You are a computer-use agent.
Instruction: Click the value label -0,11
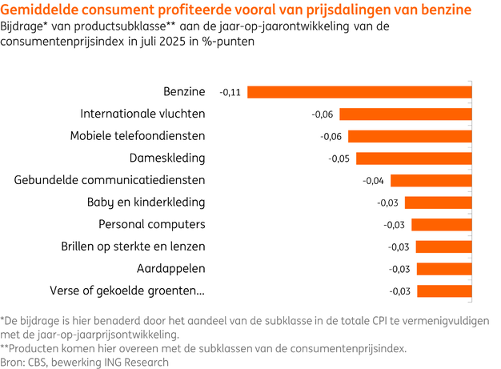pos(230,93)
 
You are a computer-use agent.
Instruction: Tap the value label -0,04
pos(373,181)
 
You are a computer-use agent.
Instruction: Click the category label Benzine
pos(184,92)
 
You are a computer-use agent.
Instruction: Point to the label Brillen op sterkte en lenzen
pos(133,246)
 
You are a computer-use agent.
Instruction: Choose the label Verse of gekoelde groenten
pos(127,290)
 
